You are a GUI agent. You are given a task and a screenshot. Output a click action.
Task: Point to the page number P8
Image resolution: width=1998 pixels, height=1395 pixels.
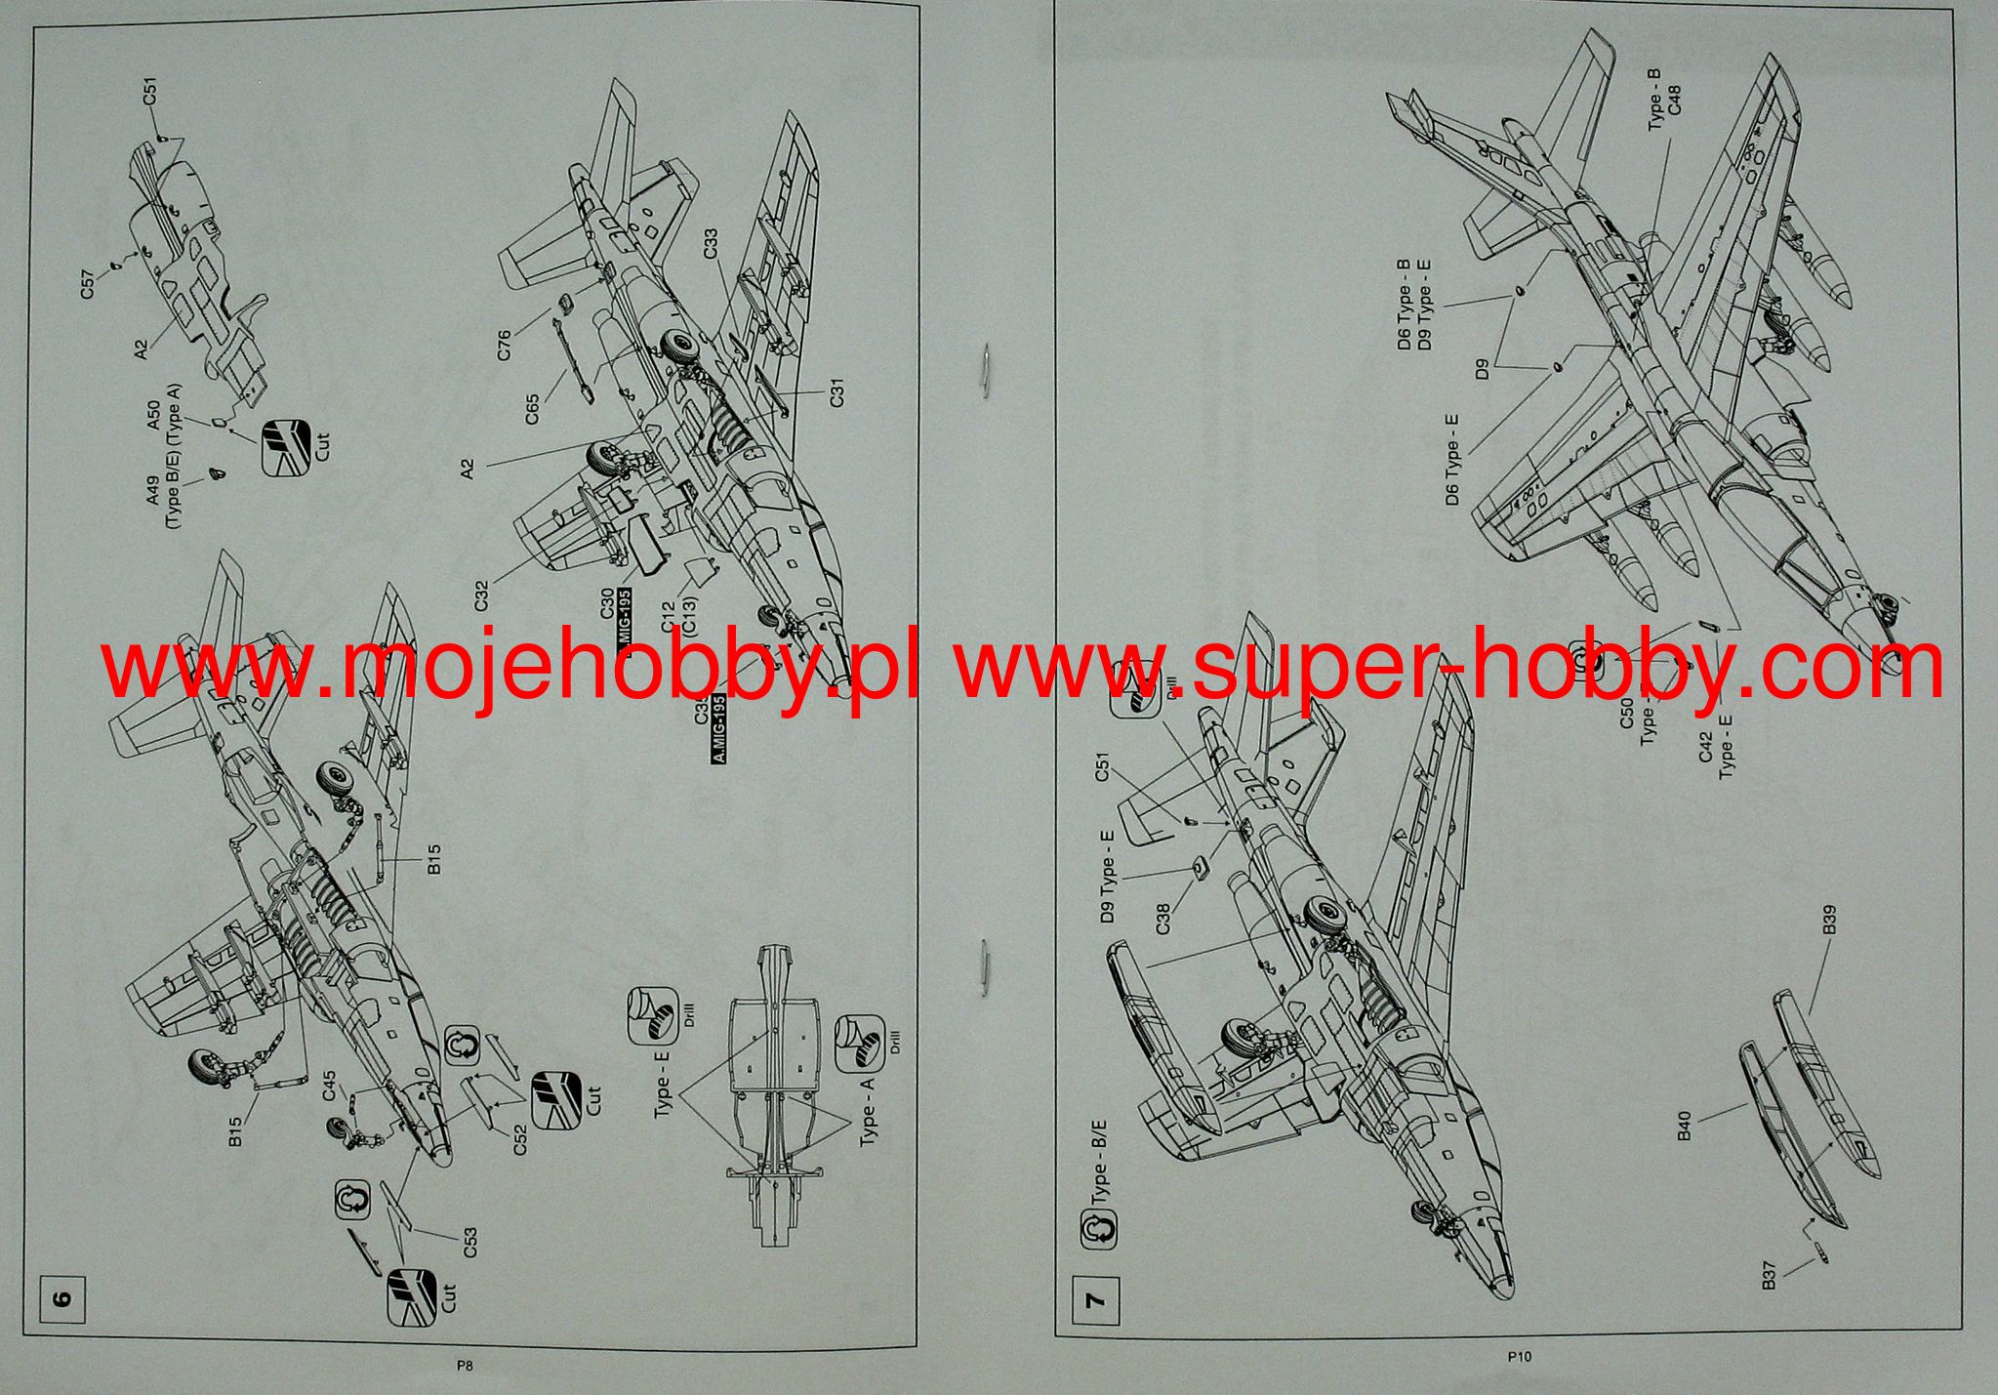465,1368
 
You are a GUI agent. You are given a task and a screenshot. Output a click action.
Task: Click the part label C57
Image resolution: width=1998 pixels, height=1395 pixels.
88,287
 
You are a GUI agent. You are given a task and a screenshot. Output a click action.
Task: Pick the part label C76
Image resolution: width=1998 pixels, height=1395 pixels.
504,346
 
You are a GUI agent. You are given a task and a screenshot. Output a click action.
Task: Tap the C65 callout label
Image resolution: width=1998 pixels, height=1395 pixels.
532,408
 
